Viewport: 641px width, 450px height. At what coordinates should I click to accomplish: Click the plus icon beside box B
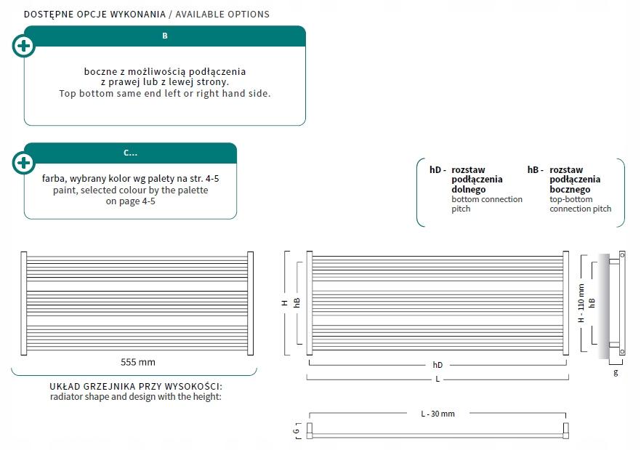(24, 46)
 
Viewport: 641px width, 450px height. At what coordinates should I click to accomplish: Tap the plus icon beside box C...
(24, 163)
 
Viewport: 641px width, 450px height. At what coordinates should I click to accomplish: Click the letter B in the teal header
(165, 36)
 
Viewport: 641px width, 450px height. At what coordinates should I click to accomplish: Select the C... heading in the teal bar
(130, 153)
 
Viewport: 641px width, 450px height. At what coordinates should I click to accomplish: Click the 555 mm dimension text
(138, 362)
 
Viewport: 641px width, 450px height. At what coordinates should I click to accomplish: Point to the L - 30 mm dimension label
(438, 414)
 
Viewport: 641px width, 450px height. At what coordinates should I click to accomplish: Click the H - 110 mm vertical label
(581, 303)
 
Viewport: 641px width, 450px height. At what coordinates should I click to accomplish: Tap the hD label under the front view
(438, 365)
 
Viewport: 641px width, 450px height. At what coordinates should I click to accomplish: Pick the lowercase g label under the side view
(616, 372)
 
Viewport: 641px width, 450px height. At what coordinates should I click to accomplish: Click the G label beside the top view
(296, 431)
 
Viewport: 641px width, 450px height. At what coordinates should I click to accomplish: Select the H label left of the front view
(285, 303)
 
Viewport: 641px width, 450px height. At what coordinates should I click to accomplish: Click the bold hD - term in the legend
(438, 170)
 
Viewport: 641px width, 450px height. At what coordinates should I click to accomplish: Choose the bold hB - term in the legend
(536, 170)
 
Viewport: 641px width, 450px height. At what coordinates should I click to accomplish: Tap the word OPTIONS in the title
(249, 15)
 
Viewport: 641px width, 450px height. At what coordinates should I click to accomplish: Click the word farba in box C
(54, 179)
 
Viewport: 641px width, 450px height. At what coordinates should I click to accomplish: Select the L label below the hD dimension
(438, 379)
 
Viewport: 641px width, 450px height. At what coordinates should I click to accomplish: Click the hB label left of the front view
(297, 302)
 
